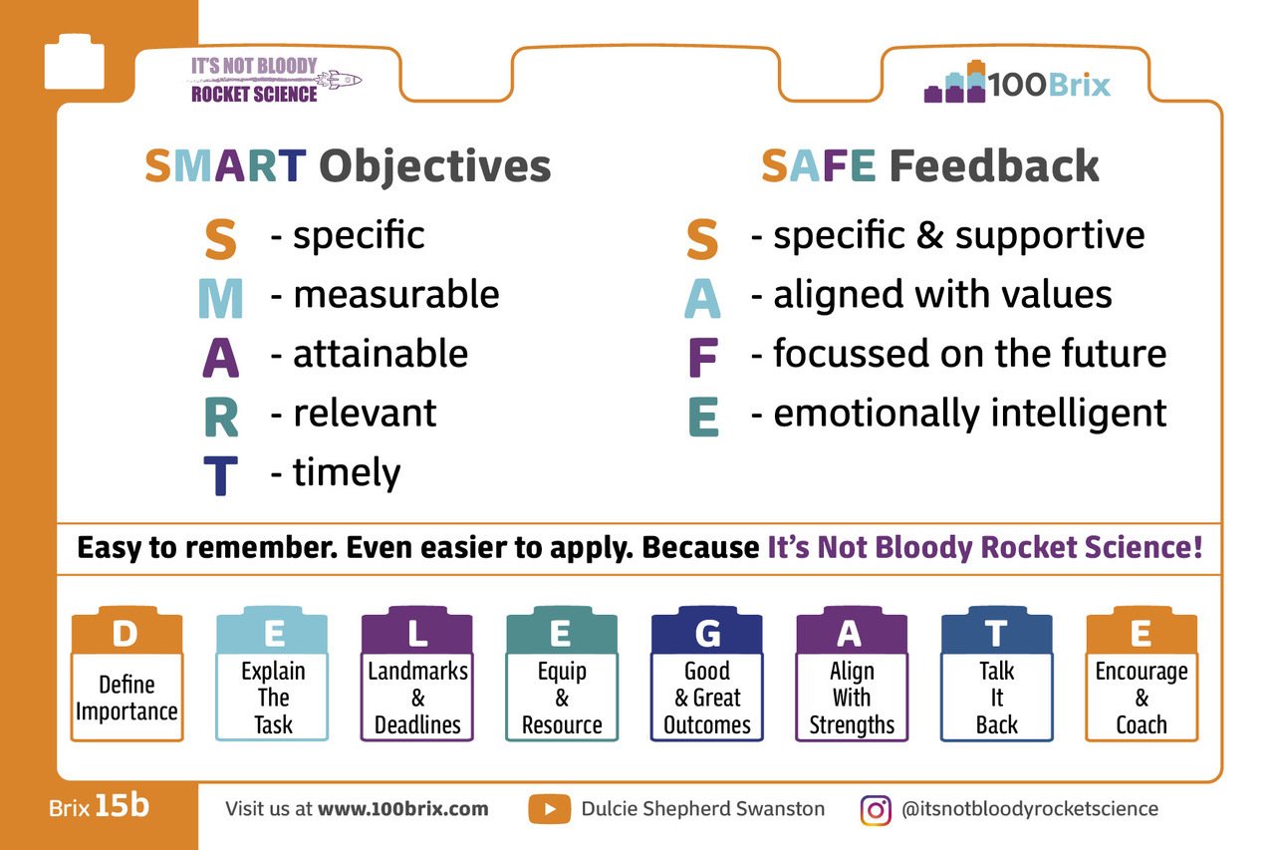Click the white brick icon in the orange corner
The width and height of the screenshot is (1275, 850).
pyautogui.click(x=74, y=62)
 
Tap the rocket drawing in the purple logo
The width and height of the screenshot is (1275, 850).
pyautogui.click(x=340, y=80)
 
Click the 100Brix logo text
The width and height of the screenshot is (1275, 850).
pyautogui.click(x=1049, y=85)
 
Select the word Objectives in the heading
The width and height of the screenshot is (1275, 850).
pyautogui.click(x=435, y=166)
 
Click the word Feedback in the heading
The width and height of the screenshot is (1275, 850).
pyautogui.click(x=994, y=165)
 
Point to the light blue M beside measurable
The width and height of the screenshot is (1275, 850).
pyautogui.click(x=221, y=298)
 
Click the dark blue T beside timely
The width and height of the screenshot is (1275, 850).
pyautogui.click(x=221, y=475)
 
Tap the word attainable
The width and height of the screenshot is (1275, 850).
pyautogui.click(x=381, y=354)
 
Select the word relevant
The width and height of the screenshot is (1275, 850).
pyautogui.click(x=365, y=413)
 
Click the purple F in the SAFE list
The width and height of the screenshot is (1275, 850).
pyautogui.click(x=703, y=357)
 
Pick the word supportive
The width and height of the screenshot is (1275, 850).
pyautogui.click(x=1050, y=236)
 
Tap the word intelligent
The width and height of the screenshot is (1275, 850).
pyautogui.click(x=1079, y=413)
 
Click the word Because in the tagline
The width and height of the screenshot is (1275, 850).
pyautogui.click(x=700, y=548)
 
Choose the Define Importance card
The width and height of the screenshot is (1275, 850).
pyautogui.click(x=127, y=674)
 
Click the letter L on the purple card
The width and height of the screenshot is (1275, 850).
pyautogui.click(x=417, y=633)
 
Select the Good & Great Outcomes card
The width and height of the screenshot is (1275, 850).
pyautogui.click(x=707, y=674)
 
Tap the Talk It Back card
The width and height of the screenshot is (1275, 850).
pyautogui.click(x=997, y=674)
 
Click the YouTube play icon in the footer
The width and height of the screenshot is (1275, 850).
pyautogui.click(x=549, y=809)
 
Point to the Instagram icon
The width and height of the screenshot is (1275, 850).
pyautogui.click(x=876, y=810)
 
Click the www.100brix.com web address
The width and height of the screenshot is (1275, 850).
pyautogui.click(x=403, y=809)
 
